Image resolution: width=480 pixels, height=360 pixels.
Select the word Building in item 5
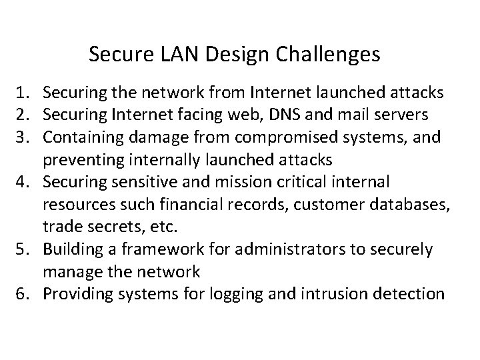point(71,250)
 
